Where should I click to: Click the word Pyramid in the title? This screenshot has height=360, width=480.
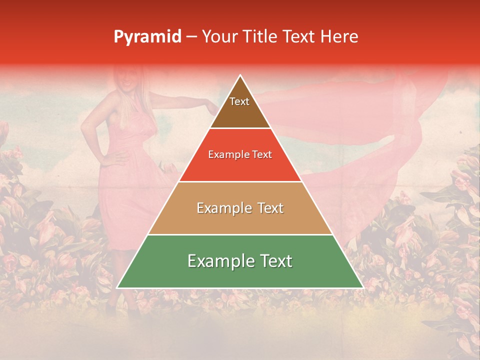[x=147, y=37]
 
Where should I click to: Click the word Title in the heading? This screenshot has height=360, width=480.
[x=259, y=36]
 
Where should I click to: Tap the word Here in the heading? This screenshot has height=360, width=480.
[x=339, y=36]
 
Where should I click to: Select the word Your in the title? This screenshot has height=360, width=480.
[x=219, y=36]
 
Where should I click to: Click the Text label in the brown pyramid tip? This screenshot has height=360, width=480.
[x=239, y=101]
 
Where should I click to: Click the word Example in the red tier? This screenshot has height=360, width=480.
[x=226, y=154]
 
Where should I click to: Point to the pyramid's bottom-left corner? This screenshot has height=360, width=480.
[x=117, y=288]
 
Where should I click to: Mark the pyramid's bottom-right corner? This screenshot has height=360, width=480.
[x=363, y=288]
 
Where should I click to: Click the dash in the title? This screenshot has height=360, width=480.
[x=191, y=37]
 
